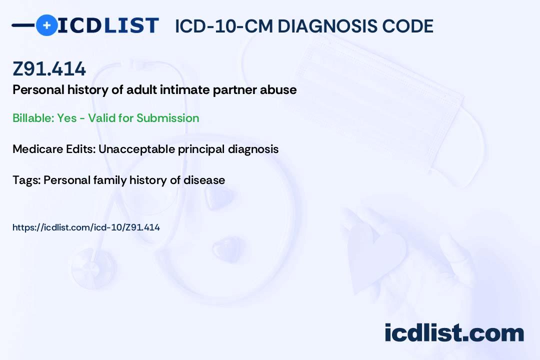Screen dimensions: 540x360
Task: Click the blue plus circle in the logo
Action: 46,25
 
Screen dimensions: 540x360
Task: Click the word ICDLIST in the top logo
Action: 108,25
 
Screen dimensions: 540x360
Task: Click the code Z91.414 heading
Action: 49,68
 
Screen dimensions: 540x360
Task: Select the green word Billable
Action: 33,118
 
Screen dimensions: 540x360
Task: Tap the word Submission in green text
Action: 167,118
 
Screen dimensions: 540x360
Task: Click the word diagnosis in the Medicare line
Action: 253,149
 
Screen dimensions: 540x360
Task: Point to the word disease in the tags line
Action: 204,180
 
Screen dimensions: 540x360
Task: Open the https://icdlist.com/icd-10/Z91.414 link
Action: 86,227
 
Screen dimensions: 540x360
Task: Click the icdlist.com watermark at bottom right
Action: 454,333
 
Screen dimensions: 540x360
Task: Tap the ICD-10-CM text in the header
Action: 223,26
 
